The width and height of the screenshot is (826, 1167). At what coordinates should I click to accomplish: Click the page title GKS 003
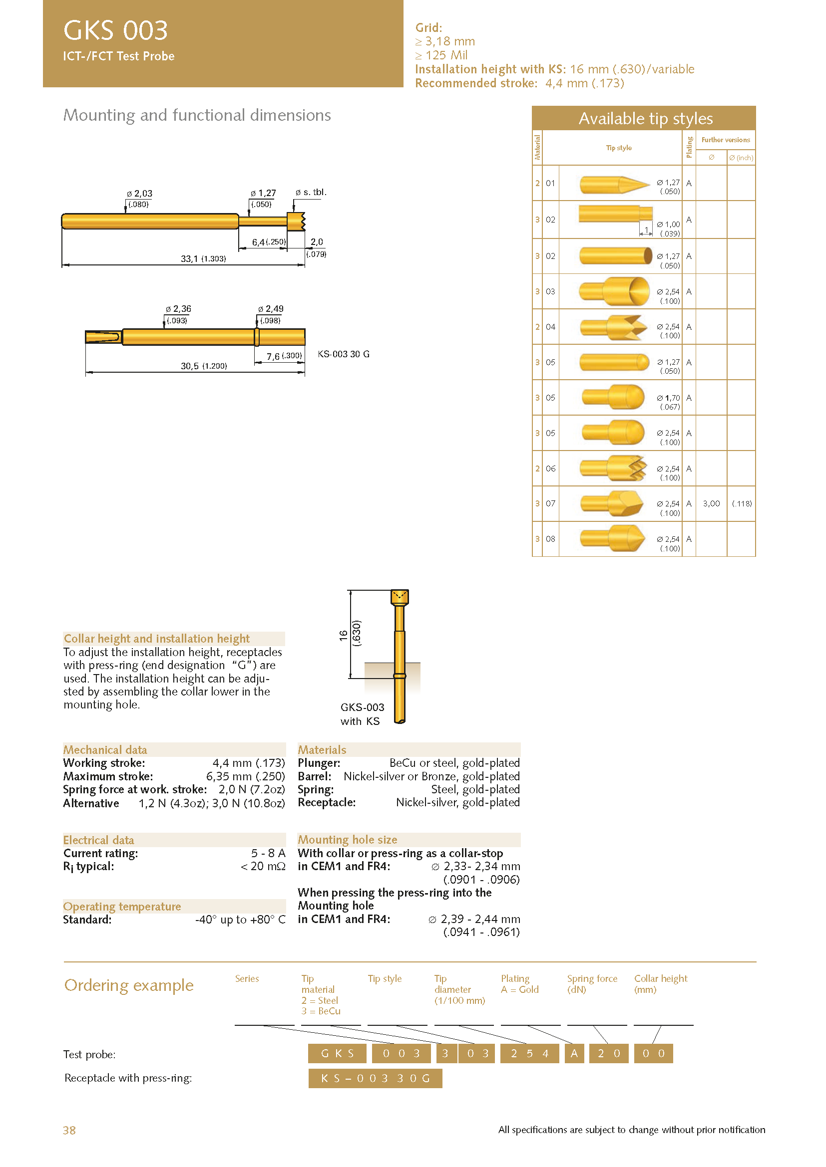(x=115, y=30)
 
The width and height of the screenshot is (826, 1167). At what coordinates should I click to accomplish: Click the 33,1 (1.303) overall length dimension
(x=203, y=259)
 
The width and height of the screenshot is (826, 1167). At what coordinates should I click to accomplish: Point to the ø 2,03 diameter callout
(x=139, y=194)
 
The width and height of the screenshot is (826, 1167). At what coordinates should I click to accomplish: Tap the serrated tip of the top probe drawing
(x=297, y=221)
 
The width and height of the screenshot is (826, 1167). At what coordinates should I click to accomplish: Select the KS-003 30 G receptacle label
(x=343, y=354)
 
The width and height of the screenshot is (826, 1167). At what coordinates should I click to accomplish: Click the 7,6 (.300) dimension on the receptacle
(x=284, y=356)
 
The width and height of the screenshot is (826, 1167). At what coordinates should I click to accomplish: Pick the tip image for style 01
(x=614, y=184)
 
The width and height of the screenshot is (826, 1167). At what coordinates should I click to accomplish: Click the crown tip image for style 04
(x=613, y=327)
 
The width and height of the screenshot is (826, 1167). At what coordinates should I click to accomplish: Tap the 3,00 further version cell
(x=711, y=503)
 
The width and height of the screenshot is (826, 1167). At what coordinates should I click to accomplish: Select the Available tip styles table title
(x=645, y=118)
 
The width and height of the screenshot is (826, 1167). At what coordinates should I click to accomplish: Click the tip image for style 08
(x=612, y=538)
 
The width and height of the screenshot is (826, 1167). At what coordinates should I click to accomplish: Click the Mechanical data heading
(x=105, y=750)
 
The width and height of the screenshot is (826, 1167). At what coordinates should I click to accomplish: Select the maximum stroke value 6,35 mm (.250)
(x=245, y=776)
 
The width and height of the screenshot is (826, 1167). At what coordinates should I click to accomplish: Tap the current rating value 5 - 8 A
(x=268, y=853)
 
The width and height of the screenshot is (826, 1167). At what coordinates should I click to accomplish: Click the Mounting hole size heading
(x=348, y=840)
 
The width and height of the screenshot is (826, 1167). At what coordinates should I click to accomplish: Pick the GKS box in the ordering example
(x=337, y=1053)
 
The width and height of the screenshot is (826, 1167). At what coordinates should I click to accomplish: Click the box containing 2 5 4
(x=529, y=1053)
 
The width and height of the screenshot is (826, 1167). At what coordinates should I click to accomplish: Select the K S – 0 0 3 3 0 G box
(x=375, y=1078)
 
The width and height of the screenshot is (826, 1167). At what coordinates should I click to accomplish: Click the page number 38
(x=69, y=1130)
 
